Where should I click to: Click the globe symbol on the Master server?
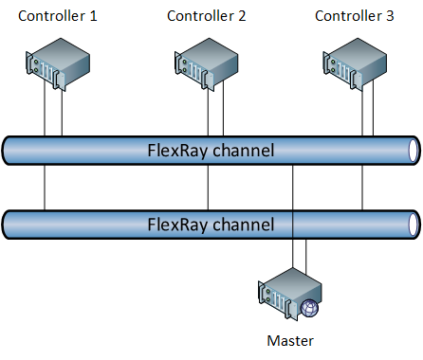[x=311, y=308]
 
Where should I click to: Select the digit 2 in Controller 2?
[x=242, y=15]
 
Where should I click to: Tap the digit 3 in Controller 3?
[x=390, y=15]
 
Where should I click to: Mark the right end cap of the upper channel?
[x=412, y=150]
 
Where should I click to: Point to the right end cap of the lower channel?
[x=412, y=225]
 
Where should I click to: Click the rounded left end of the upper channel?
[x=9, y=150]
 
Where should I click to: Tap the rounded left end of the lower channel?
[x=9, y=225]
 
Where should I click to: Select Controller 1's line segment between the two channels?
[x=45, y=188]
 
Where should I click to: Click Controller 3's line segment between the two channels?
[x=361, y=188]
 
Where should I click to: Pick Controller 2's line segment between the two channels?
[x=208, y=188]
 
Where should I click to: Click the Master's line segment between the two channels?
[x=292, y=188]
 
